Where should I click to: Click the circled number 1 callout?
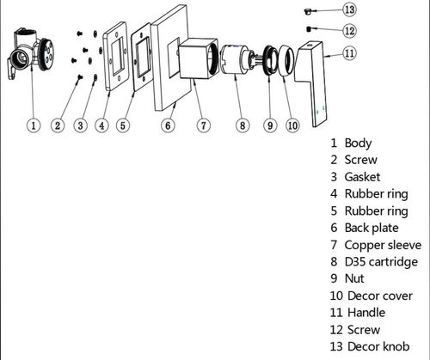click(34, 125)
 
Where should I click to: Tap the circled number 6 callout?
click(168, 125)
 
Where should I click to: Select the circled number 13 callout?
click(349, 9)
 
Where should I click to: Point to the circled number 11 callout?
click(349, 53)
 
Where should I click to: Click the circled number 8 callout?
click(243, 125)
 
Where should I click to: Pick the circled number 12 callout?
click(349, 31)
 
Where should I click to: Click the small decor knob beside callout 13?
click(308, 11)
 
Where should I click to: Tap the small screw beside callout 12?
click(309, 29)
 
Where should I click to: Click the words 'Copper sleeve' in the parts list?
click(383, 245)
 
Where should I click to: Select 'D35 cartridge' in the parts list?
click(381, 262)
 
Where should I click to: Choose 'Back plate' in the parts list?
click(372, 228)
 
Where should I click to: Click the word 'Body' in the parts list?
click(358, 143)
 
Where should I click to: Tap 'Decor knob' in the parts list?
click(378, 346)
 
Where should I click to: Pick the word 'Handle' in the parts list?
click(366, 313)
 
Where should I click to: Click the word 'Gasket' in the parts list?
click(362, 177)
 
